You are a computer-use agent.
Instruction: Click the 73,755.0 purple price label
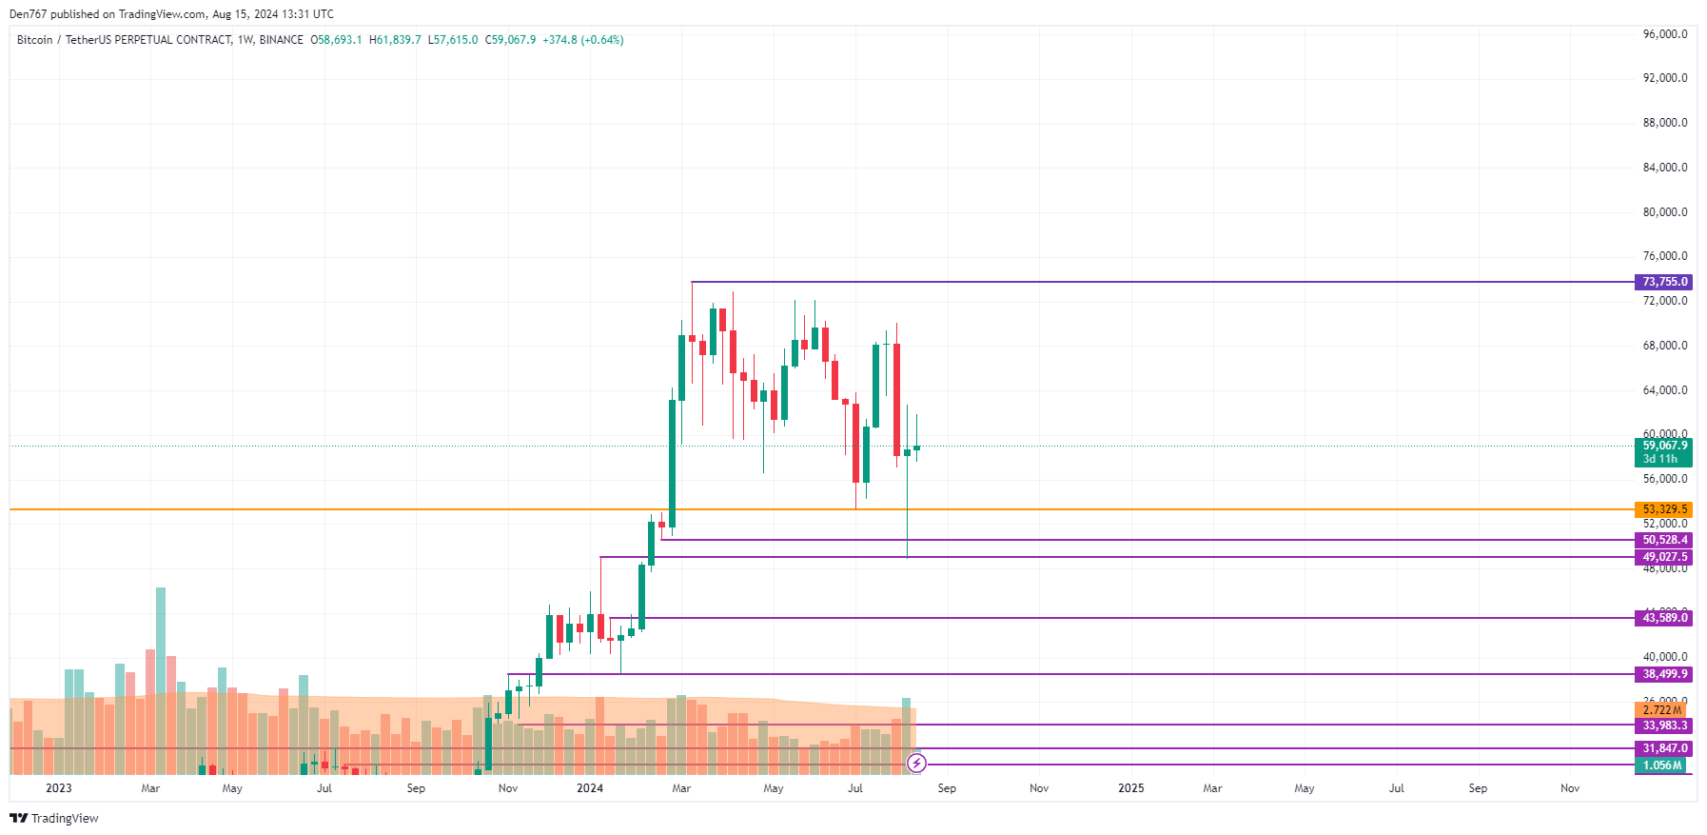(x=1664, y=282)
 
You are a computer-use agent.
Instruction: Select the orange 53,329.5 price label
(x=1664, y=509)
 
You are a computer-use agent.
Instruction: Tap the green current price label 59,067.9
(x=1664, y=446)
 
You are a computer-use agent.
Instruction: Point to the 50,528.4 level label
(x=1664, y=540)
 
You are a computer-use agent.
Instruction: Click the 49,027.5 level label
(x=1664, y=557)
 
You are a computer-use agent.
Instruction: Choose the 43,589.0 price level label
(x=1664, y=618)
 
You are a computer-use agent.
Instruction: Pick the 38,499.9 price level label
(x=1664, y=674)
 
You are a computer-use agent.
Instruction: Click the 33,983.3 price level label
(x=1664, y=726)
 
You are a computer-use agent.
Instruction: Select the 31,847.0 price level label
(x=1664, y=748)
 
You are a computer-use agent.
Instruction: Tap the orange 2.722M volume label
(x=1661, y=710)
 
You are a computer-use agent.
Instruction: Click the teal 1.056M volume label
(x=1661, y=765)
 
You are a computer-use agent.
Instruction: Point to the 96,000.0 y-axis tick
(x=1664, y=34)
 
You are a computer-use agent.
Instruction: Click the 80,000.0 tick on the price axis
(x=1664, y=212)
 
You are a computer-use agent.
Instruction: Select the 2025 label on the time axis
(x=1130, y=788)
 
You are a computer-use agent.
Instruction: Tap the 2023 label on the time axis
(x=59, y=788)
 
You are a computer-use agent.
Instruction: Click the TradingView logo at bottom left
(x=54, y=819)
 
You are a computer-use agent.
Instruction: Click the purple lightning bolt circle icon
(x=916, y=763)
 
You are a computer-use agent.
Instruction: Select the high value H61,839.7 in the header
(x=395, y=40)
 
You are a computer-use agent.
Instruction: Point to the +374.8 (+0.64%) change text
(x=583, y=40)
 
